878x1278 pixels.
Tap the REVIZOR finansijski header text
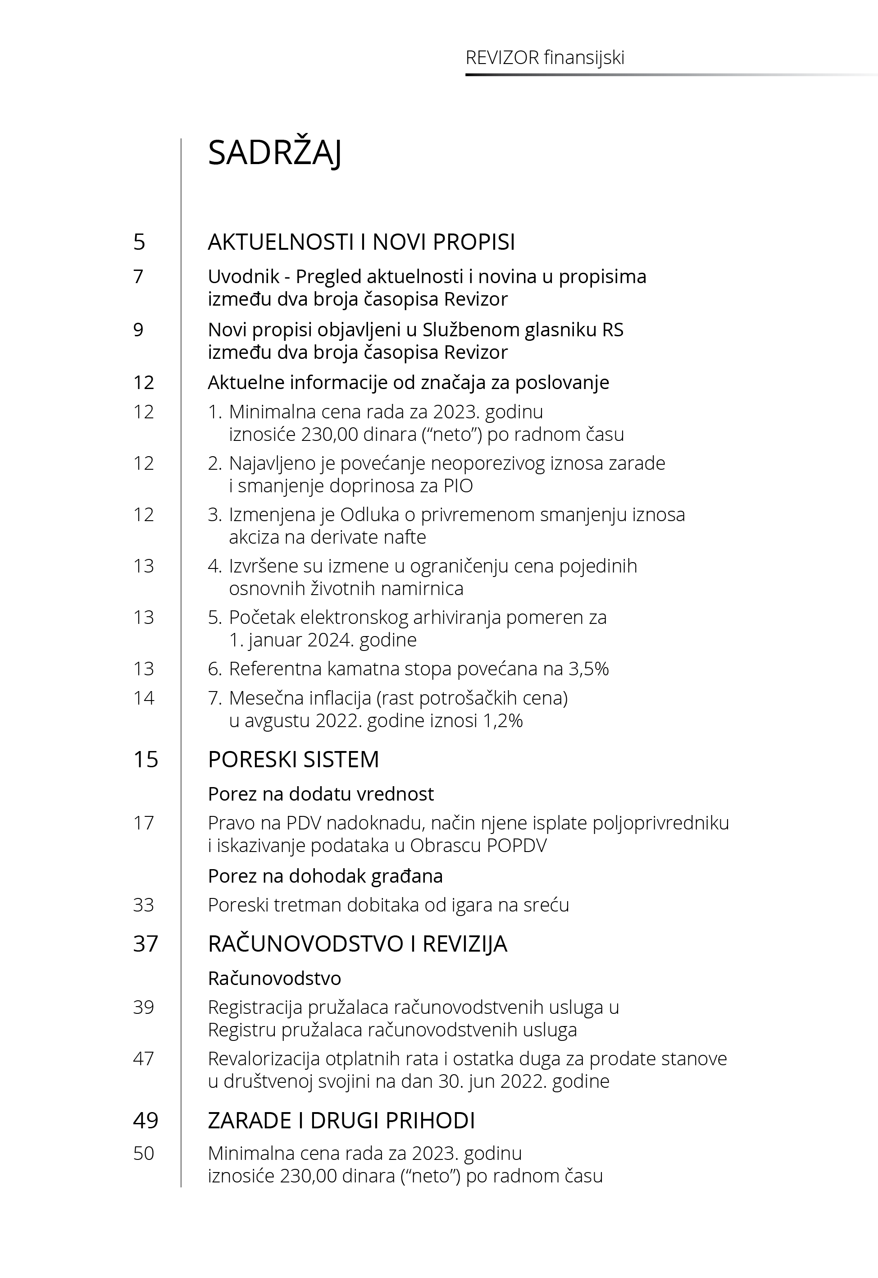545,58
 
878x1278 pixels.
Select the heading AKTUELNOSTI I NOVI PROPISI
361,242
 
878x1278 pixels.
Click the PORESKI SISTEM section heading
293,760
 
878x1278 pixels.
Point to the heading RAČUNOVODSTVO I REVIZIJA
357,944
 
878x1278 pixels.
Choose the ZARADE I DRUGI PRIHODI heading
341,1121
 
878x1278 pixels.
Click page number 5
139,242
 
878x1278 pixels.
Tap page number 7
138,276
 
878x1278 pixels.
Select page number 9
138,330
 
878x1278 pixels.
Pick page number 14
144,698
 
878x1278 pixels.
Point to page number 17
144,823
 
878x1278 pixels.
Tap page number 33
144,905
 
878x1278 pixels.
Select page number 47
144,1058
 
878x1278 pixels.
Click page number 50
144,1153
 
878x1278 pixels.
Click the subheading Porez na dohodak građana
325,875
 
